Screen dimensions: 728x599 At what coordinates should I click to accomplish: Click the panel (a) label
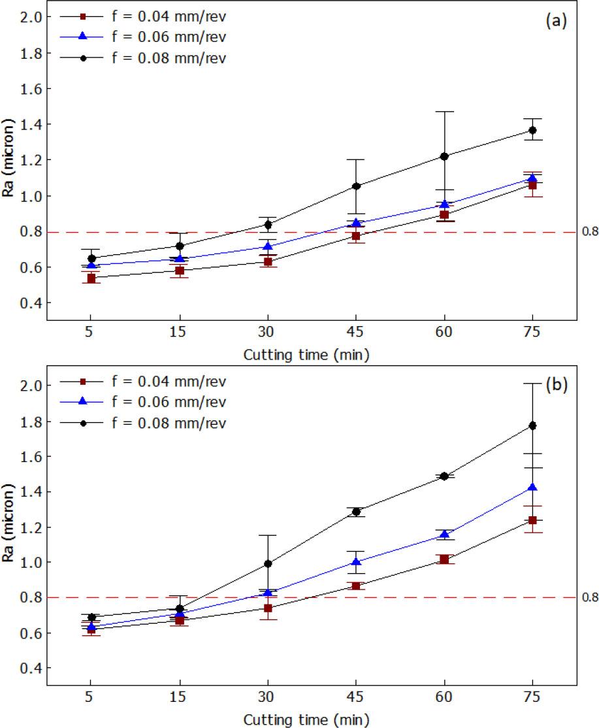[x=556, y=21]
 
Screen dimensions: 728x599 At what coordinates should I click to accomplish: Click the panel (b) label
[x=556, y=385]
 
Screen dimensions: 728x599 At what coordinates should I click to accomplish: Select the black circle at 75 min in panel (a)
[x=532, y=130]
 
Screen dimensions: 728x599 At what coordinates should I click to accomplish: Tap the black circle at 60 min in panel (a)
[x=444, y=156]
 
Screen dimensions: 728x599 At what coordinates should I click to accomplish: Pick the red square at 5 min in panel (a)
[x=91, y=278]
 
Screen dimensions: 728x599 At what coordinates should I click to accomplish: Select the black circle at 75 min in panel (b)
[x=532, y=425]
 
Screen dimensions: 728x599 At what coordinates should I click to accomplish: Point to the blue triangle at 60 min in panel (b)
[x=444, y=535]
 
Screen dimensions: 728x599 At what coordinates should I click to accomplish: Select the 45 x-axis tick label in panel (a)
[x=356, y=332]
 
